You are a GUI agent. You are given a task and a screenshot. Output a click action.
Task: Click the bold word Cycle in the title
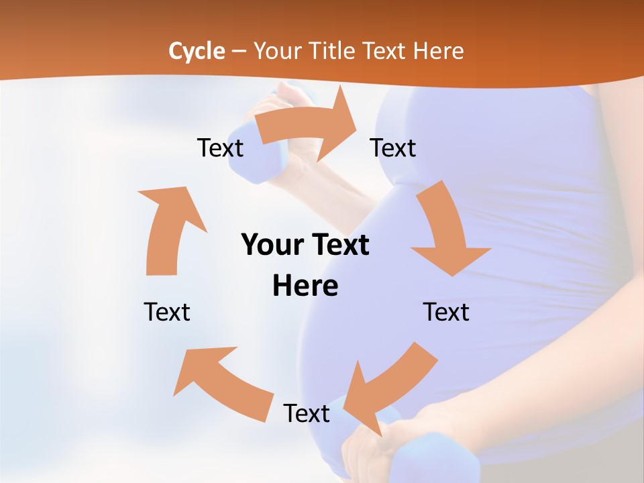click(197, 51)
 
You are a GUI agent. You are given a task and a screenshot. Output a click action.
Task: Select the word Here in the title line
click(439, 51)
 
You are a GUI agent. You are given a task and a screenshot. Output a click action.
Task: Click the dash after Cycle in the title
click(239, 51)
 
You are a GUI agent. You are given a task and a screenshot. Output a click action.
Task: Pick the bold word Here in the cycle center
click(305, 286)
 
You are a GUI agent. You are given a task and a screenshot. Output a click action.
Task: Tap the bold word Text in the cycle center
click(339, 245)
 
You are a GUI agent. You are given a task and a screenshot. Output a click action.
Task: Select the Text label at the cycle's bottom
click(307, 413)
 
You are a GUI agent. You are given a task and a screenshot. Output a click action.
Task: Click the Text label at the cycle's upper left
click(220, 148)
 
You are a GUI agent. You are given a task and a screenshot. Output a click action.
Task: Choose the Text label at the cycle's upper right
click(393, 148)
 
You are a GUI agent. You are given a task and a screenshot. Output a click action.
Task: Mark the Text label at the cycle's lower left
click(167, 312)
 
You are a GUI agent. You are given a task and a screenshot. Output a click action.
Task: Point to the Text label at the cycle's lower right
click(446, 312)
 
